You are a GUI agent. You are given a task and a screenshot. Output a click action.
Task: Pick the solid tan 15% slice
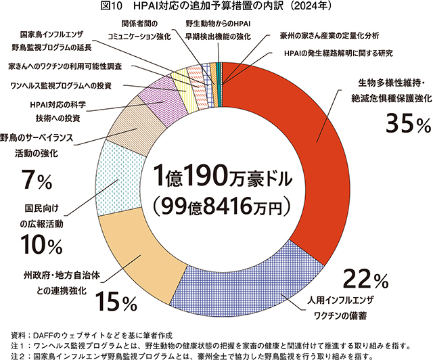pos(139,257)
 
